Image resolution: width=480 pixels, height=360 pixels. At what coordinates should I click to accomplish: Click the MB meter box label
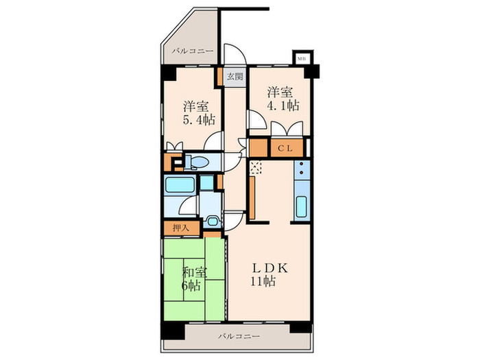click(x=302, y=58)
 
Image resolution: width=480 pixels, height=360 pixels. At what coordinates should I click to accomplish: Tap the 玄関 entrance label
click(x=235, y=77)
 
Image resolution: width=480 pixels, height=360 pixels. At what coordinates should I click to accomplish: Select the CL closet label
click(x=285, y=149)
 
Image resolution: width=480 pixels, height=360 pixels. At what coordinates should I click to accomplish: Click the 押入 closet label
click(x=180, y=228)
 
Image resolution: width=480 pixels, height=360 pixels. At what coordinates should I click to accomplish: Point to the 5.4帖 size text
click(x=199, y=120)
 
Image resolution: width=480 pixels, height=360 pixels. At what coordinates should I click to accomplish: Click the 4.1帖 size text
click(x=283, y=106)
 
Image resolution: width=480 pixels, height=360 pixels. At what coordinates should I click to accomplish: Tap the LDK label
click(x=270, y=269)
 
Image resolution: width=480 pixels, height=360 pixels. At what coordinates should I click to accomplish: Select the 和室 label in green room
click(x=195, y=272)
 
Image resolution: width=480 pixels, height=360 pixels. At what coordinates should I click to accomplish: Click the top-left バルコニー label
click(x=192, y=51)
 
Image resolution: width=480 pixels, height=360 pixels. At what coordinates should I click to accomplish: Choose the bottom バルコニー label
click(x=239, y=337)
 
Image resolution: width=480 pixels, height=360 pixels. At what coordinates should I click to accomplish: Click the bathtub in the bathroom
click(x=180, y=185)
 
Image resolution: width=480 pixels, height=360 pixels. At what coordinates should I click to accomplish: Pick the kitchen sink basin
click(x=302, y=206)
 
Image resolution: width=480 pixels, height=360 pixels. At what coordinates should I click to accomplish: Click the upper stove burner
click(x=302, y=164)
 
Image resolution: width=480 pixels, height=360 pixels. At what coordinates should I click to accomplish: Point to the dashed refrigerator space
click(x=255, y=167)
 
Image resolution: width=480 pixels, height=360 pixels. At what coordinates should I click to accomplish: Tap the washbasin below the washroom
click(x=211, y=221)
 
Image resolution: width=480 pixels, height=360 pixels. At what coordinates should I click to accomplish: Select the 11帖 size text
click(x=263, y=281)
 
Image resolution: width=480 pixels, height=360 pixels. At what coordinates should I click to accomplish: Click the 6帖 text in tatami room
click(x=191, y=286)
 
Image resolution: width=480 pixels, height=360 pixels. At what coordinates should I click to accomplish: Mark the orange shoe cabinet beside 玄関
click(x=220, y=77)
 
